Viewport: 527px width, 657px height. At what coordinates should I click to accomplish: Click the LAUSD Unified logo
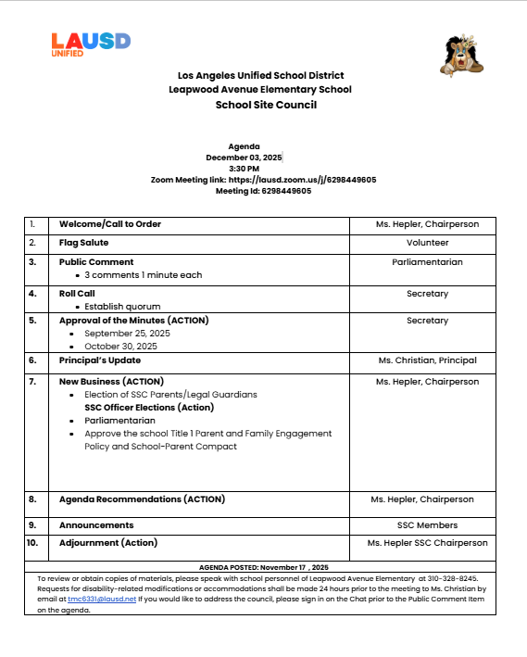(91, 44)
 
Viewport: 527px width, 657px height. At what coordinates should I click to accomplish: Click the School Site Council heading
(266, 105)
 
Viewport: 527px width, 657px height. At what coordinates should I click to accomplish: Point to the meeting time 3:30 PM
(244, 169)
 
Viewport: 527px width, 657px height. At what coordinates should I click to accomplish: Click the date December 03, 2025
(244, 158)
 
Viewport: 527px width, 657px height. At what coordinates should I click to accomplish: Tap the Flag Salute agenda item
(84, 243)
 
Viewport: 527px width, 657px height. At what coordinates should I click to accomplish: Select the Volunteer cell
(427, 243)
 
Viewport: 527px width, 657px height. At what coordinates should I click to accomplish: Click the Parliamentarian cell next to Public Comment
(427, 262)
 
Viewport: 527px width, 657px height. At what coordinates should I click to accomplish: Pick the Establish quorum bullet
(122, 307)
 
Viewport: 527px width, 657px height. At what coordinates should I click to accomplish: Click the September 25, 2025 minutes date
(127, 334)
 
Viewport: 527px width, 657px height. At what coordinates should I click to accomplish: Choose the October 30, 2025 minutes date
(120, 347)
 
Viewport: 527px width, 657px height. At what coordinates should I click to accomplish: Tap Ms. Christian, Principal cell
(427, 360)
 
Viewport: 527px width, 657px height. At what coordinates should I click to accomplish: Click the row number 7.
(32, 382)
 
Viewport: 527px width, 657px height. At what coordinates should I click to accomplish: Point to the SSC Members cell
(427, 525)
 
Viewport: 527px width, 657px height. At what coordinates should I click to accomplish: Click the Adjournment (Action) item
(108, 543)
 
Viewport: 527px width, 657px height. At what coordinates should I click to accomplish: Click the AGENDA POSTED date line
(263, 566)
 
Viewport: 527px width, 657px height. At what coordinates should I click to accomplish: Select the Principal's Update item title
(100, 360)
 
